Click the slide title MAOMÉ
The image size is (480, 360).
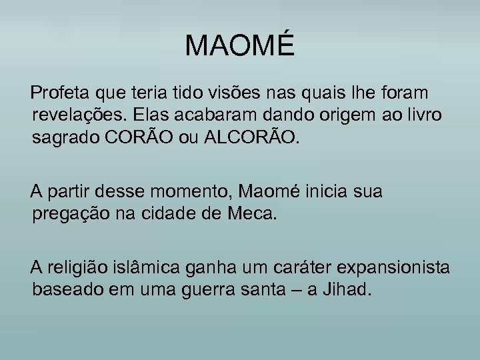click(239, 46)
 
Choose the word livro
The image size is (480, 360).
click(420, 115)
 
